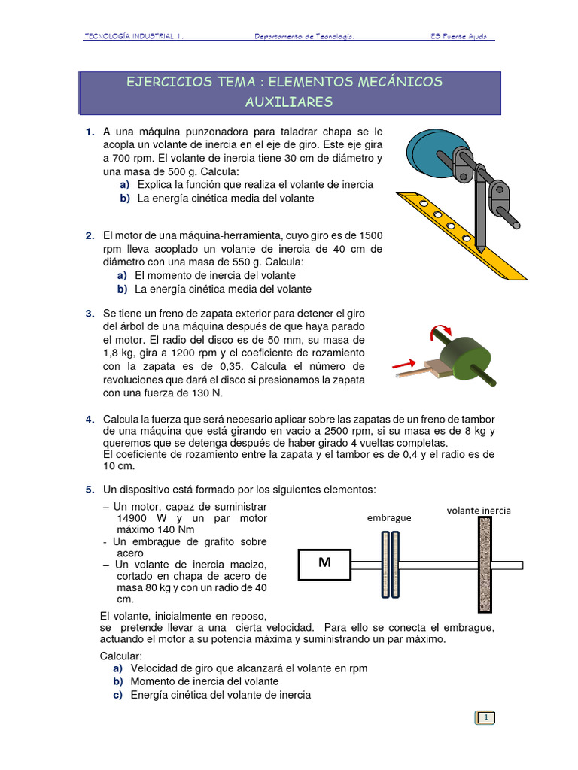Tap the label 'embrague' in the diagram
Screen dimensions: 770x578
coord(389,518)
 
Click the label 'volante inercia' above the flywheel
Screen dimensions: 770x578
coord(479,510)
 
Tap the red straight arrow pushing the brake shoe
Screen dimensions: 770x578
coord(406,365)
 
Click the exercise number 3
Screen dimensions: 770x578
coord(89,313)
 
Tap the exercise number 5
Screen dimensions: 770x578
coord(89,490)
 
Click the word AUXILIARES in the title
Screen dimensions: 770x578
coord(289,102)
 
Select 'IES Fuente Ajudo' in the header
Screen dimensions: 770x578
coord(461,36)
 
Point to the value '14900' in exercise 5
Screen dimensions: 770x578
coord(133,518)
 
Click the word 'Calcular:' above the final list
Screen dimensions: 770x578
coord(124,656)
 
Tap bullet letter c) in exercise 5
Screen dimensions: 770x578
coord(118,695)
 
